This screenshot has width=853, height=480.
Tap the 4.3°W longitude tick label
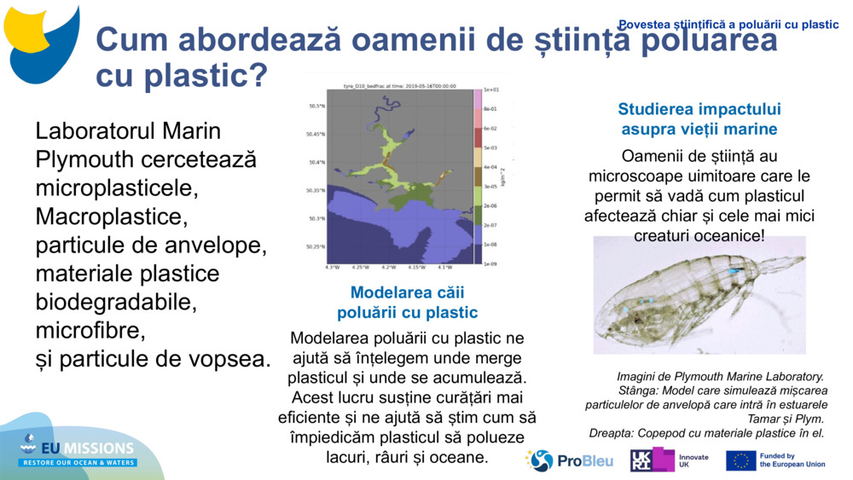tap(332, 268)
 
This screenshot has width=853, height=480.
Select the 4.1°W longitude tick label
tap(445, 268)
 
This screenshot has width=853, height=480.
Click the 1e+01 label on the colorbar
tap(491, 90)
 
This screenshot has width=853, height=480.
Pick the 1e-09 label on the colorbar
tap(491, 264)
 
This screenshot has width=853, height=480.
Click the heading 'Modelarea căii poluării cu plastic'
tap(407, 302)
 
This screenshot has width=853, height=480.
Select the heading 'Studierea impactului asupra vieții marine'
tap(699, 119)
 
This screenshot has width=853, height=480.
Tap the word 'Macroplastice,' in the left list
tap(108, 217)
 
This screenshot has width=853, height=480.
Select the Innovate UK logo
tap(668, 460)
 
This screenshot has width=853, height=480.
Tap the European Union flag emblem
tap(740, 461)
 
